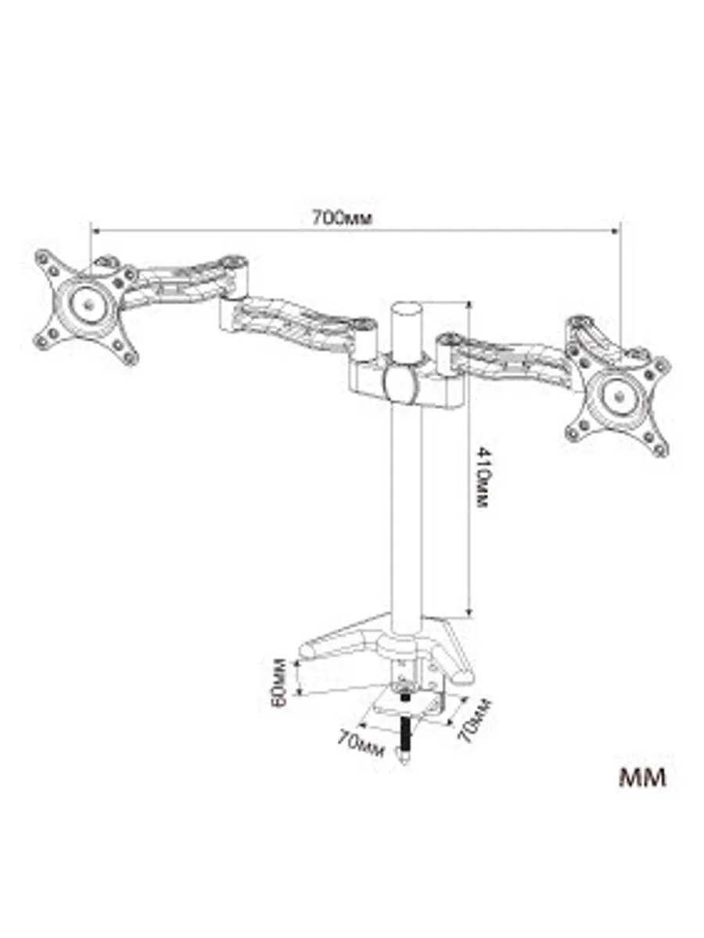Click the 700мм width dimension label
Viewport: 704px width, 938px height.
(337, 218)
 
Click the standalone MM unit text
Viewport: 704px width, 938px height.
(642, 779)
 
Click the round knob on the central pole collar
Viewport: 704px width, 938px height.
(399, 382)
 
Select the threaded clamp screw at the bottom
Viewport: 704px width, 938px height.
(405, 723)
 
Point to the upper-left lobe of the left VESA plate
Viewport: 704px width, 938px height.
(45, 260)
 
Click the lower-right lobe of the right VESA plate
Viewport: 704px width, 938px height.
(659, 447)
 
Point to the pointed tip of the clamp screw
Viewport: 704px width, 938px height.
(404, 757)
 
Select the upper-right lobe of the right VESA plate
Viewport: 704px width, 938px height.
(662, 365)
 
